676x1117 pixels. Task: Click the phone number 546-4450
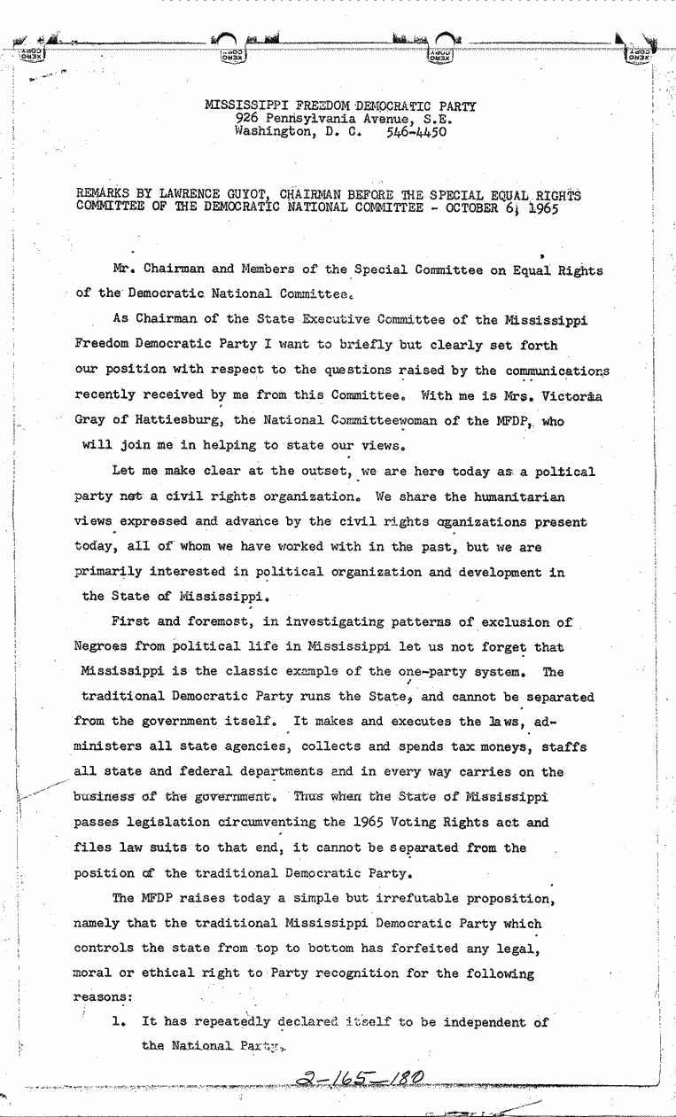pyautogui.click(x=417, y=131)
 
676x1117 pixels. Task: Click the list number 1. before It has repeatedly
pyautogui.click(x=119, y=1021)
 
